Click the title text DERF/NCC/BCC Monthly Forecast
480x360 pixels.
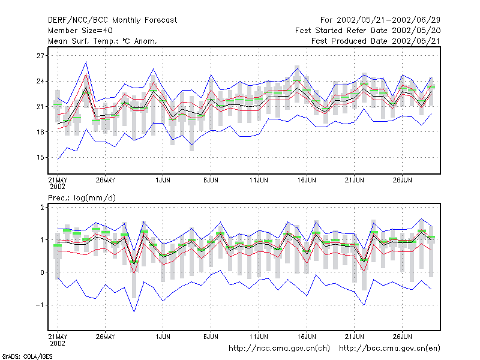(x=112, y=20)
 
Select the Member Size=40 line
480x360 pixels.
(x=80, y=31)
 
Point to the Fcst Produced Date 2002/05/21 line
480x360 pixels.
(x=376, y=41)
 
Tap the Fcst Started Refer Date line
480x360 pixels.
(x=368, y=31)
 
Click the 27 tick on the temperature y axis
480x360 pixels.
(x=40, y=56)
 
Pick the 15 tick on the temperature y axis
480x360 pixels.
(x=40, y=158)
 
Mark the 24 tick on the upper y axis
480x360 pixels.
(x=40, y=82)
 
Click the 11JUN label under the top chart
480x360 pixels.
(x=259, y=180)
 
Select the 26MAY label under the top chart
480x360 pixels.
(x=106, y=180)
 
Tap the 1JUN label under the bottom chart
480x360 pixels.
(x=163, y=337)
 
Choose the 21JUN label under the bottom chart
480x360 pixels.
(x=355, y=337)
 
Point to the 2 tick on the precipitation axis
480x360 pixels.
(x=42, y=207)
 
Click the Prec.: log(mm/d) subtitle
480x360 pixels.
(x=82, y=198)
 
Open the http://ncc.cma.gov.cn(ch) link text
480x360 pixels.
(x=279, y=349)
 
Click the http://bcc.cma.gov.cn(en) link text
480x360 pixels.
(x=389, y=349)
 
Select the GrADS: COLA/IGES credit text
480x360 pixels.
(x=27, y=356)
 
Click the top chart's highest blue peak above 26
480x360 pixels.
(x=86, y=62)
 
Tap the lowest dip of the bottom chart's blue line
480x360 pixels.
(x=134, y=311)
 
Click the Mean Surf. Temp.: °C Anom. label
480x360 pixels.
(x=103, y=41)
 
